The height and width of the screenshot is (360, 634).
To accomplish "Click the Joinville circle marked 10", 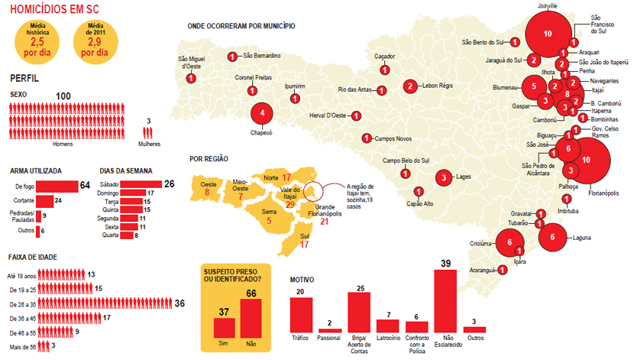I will (547, 34).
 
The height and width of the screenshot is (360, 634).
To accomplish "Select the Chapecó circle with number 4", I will (263, 113).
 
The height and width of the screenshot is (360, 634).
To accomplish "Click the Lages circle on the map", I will (444, 178).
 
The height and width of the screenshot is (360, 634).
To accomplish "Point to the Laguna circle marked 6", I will (552, 238).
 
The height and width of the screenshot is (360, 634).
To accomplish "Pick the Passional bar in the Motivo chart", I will (330, 329).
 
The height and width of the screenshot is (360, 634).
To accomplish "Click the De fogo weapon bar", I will (58, 186).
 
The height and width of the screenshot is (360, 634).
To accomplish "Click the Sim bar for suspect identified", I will (225, 326).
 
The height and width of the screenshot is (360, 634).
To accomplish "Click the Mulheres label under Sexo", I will (149, 143).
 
